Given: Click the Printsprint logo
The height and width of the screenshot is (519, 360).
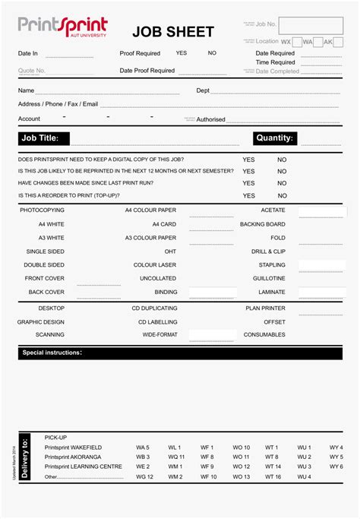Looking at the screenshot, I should coord(62,27).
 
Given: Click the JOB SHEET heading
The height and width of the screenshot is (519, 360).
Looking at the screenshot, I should coord(172,32).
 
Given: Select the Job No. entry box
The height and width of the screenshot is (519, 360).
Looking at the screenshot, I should coord(311,25).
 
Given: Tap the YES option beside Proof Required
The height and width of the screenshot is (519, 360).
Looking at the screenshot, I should coord(181,53).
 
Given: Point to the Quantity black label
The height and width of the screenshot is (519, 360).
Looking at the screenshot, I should coord(274,138).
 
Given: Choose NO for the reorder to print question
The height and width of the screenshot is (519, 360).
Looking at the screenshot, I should coord(282,195).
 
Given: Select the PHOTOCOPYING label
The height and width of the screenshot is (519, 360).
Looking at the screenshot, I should coord(42,210).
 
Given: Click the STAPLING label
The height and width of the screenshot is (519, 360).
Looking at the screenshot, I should coord(272,265).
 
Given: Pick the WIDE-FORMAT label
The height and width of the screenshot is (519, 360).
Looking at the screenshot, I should coord(159,334).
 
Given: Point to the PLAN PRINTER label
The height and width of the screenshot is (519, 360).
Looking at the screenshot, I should coord(265,309).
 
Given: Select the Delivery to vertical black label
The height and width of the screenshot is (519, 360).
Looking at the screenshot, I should coord(26,458).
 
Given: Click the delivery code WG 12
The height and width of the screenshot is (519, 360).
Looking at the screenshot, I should coord(144,477).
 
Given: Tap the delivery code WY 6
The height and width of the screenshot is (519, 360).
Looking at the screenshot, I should coord(336,467).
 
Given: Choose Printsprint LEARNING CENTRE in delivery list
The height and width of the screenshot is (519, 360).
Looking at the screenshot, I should coord(83,467).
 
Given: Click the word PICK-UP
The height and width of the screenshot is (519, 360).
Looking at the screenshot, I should coord(56,438).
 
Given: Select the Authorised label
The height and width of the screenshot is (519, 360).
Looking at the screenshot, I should coord(210,119).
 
